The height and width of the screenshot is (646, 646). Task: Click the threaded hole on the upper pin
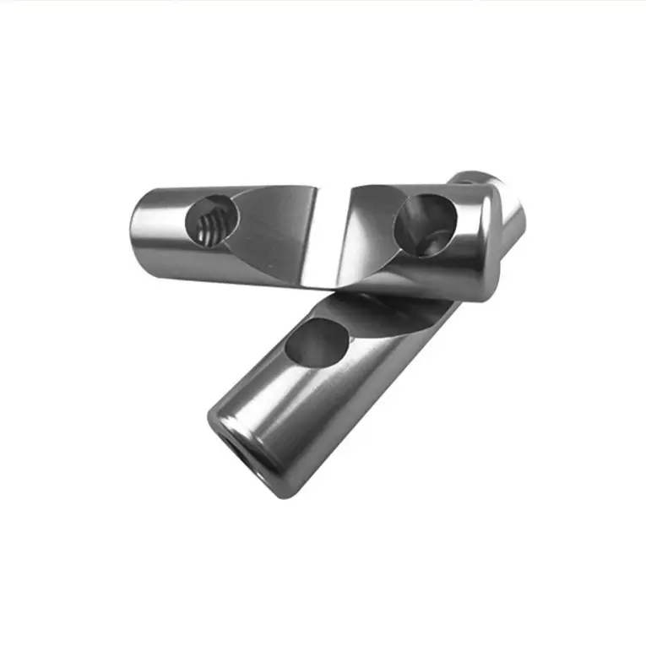pyautogui.click(x=209, y=221)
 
